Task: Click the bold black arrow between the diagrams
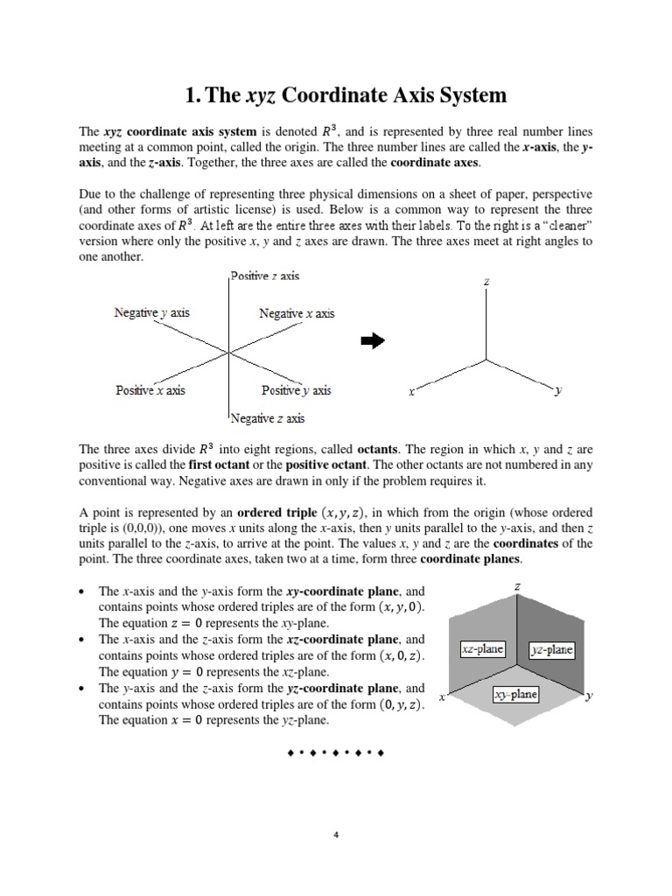tap(373, 342)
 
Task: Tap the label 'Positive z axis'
tap(265, 276)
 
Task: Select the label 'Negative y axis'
tap(151, 312)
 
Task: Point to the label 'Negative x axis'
tap(297, 313)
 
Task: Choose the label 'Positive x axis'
tap(150, 390)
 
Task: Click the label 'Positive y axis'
tap(296, 390)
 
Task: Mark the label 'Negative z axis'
tap(268, 418)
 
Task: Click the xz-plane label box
tap(482, 649)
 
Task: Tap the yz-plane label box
tap(551, 649)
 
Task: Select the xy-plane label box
tap(515, 695)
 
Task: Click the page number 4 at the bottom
tap(336, 834)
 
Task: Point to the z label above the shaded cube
tap(517, 587)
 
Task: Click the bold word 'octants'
tap(377, 450)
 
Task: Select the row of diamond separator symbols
tap(336, 752)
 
